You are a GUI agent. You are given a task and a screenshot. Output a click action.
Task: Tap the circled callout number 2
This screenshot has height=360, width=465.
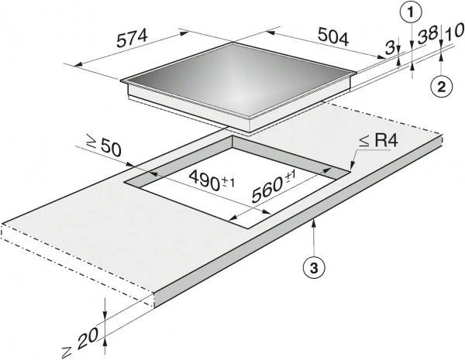[x=440, y=86]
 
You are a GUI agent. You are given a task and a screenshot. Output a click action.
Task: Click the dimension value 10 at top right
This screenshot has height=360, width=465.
[x=455, y=31]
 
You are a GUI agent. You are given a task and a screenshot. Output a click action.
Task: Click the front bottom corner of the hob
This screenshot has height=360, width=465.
[x=250, y=128]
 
